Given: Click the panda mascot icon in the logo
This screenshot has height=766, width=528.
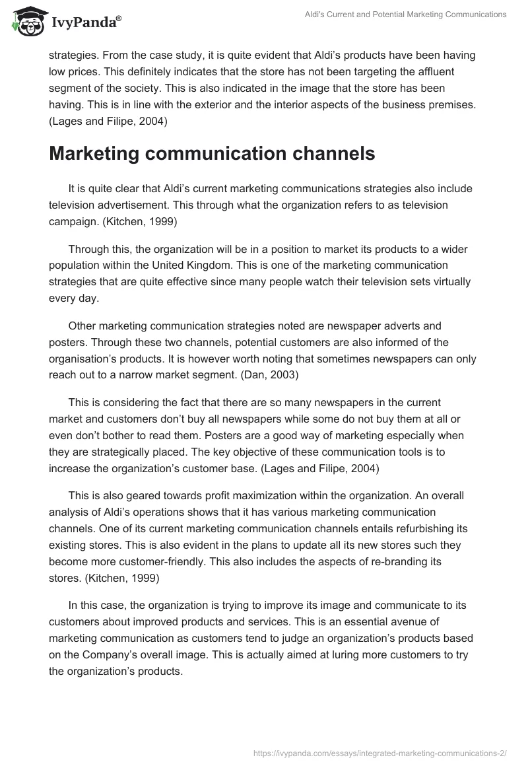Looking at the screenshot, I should pyautogui.click(x=26, y=22).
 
